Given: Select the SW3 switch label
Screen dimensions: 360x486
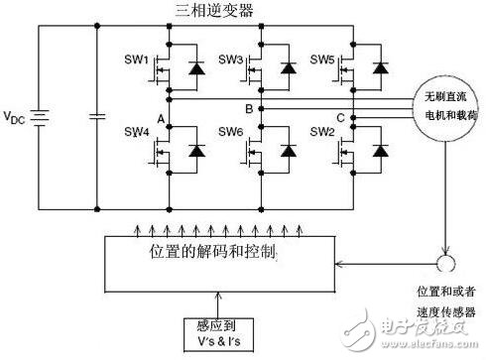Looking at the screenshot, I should [x=232, y=60].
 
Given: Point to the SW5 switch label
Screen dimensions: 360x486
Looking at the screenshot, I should [x=322, y=60].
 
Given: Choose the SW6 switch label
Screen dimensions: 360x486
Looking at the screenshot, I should [x=232, y=133].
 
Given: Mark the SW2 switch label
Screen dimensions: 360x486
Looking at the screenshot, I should [x=322, y=133].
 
